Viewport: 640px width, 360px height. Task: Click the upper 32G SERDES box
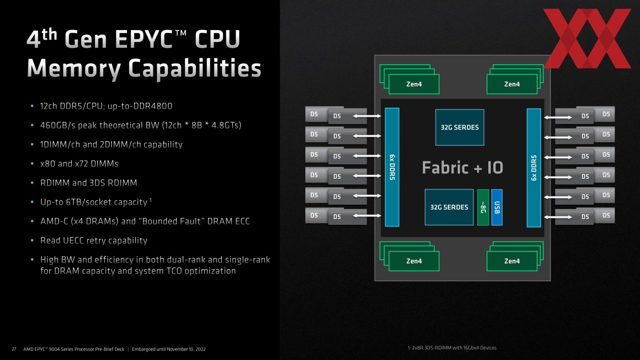click(x=460, y=127)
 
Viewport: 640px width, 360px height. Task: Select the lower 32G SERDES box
click(x=449, y=207)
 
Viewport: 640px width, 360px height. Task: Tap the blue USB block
click(x=497, y=207)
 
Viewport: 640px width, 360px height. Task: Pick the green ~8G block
click(x=483, y=207)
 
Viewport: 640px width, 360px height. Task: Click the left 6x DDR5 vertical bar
click(x=392, y=167)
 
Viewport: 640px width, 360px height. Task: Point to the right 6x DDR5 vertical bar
click(x=534, y=168)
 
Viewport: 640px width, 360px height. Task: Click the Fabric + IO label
click(x=462, y=167)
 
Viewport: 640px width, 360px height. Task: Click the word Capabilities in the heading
click(x=194, y=68)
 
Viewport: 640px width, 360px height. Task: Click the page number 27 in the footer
click(x=14, y=349)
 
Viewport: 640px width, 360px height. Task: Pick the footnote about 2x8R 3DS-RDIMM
click(x=452, y=348)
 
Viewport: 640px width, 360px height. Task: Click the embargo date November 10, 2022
click(x=186, y=349)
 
